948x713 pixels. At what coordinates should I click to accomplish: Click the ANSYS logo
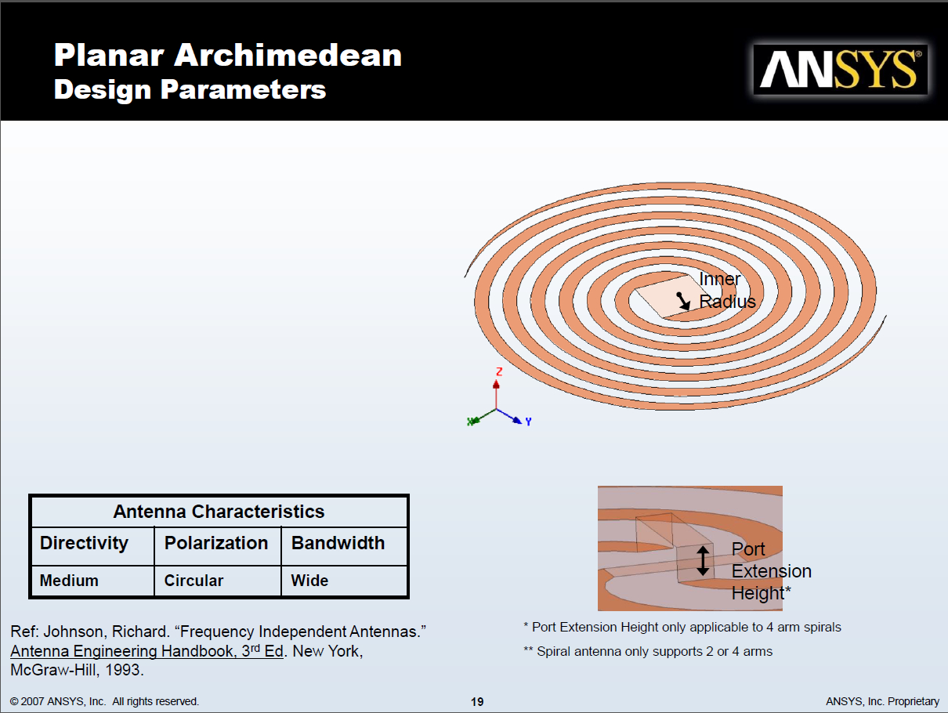(x=841, y=70)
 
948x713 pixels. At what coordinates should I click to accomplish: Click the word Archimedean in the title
(x=288, y=56)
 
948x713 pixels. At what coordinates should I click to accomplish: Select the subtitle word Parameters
(x=243, y=90)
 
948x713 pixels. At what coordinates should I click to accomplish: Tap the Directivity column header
(x=84, y=544)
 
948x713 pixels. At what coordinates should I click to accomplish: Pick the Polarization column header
(x=216, y=543)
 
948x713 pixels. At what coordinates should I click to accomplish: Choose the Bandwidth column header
(x=338, y=543)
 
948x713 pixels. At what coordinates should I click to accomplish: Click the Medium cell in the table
(x=69, y=581)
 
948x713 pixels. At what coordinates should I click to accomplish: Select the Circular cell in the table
(x=194, y=581)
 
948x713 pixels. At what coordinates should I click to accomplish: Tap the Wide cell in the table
(x=309, y=581)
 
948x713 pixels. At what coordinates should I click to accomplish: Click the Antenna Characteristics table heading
(x=219, y=512)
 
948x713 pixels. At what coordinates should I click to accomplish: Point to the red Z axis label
(x=499, y=371)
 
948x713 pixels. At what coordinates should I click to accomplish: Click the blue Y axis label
(x=528, y=422)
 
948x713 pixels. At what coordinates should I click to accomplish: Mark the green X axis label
(x=471, y=422)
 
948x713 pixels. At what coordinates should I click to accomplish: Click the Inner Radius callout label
(x=727, y=290)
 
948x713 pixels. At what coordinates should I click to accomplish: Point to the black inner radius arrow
(x=683, y=301)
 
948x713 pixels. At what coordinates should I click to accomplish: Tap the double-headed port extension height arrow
(x=703, y=560)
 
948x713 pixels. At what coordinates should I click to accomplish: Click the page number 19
(x=477, y=702)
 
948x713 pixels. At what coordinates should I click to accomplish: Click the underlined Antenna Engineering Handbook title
(x=147, y=651)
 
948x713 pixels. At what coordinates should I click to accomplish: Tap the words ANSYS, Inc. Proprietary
(x=882, y=701)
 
